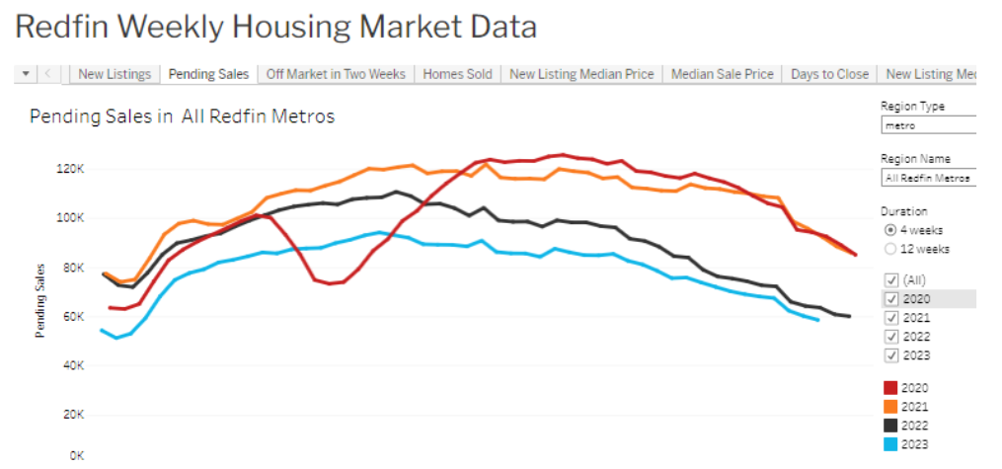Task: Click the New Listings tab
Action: coord(115,74)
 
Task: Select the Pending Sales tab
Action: coord(208,74)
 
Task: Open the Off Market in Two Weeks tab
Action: coord(336,74)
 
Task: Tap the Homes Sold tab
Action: coord(457,74)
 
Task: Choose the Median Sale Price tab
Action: coord(722,74)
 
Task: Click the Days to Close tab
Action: coord(829,74)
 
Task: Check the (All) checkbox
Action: coord(891,279)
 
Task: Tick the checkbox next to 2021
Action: coord(891,318)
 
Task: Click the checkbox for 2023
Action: coord(891,355)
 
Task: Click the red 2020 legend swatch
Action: coord(890,388)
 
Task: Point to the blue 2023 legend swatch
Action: coord(890,444)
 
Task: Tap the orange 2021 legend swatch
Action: coord(890,407)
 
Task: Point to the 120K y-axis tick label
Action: coord(71,169)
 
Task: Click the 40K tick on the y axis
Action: coord(73,366)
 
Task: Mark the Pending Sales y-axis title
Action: coord(40,300)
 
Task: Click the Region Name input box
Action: coord(929,178)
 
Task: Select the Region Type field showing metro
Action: coord(929,125)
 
